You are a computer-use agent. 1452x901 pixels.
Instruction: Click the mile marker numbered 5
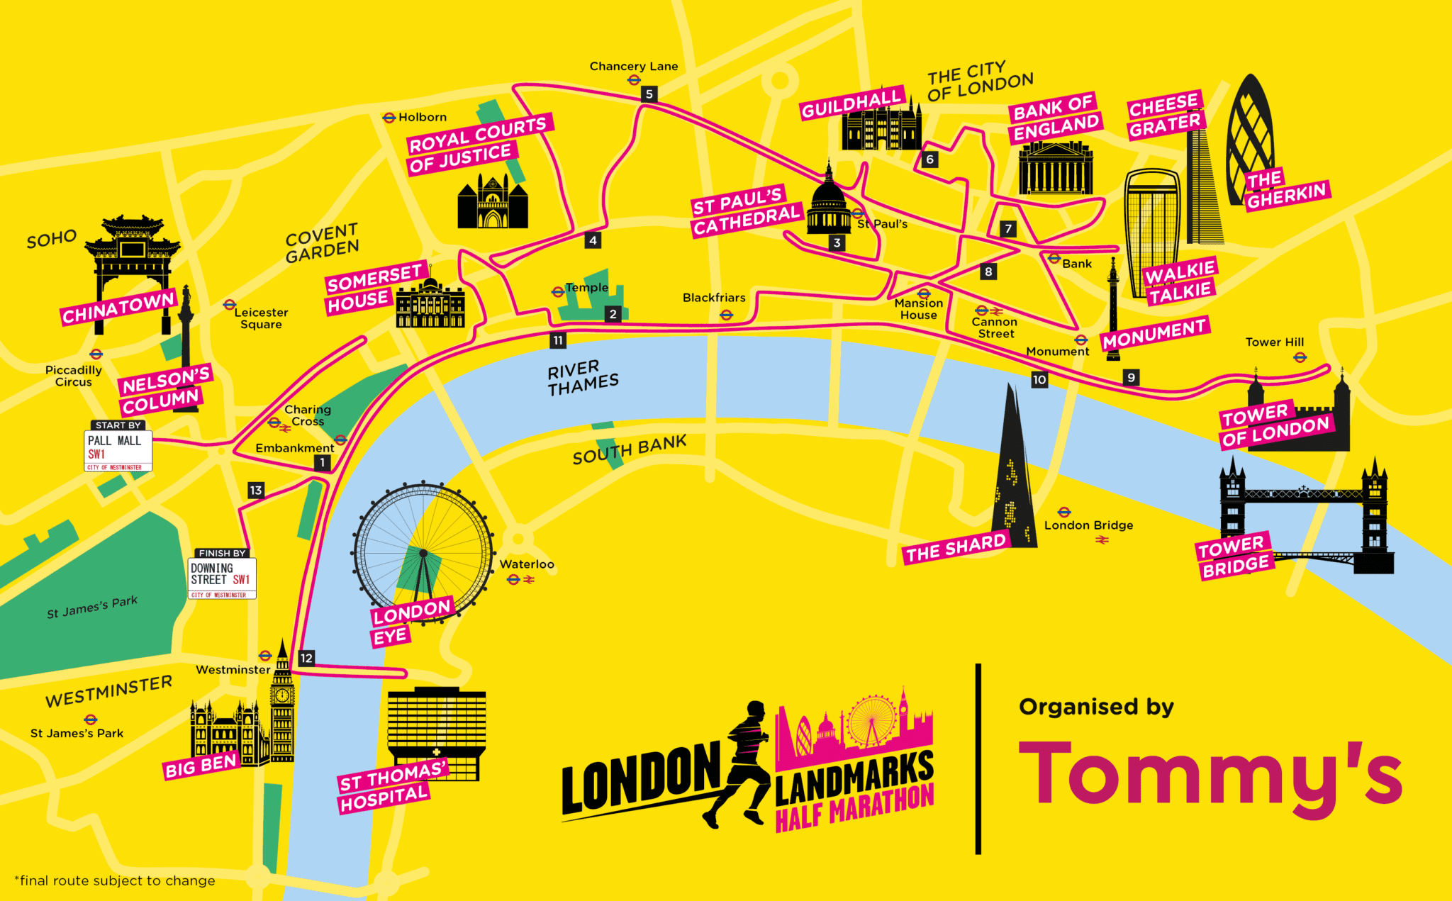click(x=649, y=94)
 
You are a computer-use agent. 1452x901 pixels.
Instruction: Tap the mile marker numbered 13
click(x=256, y=490)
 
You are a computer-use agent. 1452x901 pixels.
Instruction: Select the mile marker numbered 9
click(x=1131, y=378)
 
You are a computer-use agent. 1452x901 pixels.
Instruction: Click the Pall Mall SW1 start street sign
click(x=118, y=449)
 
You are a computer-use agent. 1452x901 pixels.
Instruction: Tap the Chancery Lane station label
click(x=634, y=67)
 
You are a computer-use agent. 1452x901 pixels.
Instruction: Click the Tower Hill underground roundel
click(x=1300, y=357)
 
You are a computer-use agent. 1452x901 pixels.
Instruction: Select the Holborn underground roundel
click(x=389, y=118)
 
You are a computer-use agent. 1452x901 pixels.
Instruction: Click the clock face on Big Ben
click(x=281, y=695)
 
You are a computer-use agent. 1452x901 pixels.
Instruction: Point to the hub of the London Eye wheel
click(x=423, y=553)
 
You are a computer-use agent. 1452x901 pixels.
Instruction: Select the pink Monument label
click(x=1154, y=333)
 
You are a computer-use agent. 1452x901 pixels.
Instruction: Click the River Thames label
click(x=583, y=379)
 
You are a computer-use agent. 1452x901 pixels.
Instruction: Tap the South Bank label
click(x=630, y=449)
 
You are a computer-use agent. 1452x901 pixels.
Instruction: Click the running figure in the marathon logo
click(x=741, y=762)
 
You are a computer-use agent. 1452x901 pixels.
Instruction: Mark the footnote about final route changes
click(x=115, y=880)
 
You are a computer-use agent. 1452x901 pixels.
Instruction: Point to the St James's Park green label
click(x=92, y=607)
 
